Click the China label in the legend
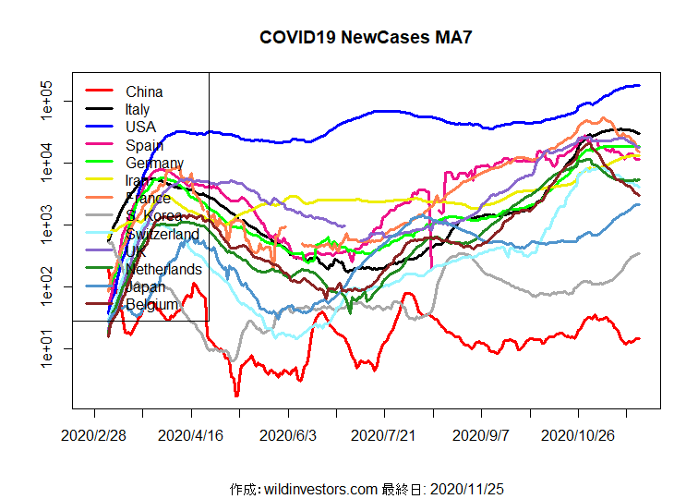coord(144,91)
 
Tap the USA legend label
coord(141,127)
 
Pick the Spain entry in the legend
coord(144,144)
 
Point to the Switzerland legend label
coord(162,234)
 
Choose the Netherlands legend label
coord(164,269)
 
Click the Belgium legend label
coord(151,304)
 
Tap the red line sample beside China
coord(99,91)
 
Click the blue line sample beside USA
coord(99,126)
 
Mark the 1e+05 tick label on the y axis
coord(49,101)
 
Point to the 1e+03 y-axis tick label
coord(49,225)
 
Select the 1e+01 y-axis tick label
coord(49,348)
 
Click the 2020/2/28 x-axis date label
coord(93,434)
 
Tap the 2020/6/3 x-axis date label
coord(287,434)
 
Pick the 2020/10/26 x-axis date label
coord(578,434)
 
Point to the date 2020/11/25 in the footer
coord(473,488)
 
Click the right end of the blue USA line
coord(639,86)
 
